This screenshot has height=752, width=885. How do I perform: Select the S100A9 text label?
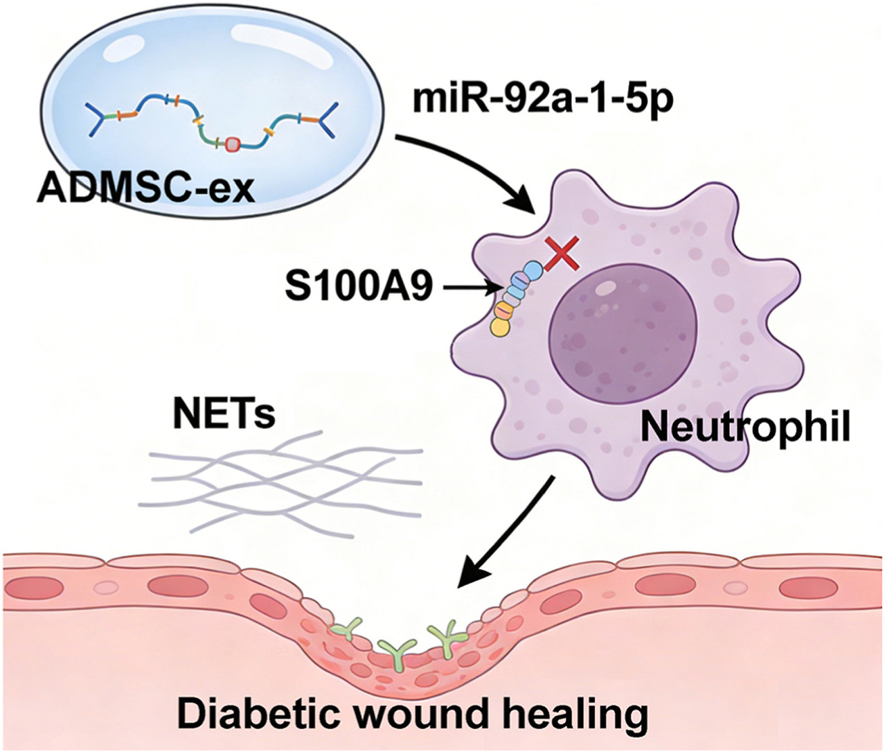pyautogui.click(x=359, y=286)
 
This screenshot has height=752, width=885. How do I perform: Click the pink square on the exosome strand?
pyautogui.click(x=233, y=143)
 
